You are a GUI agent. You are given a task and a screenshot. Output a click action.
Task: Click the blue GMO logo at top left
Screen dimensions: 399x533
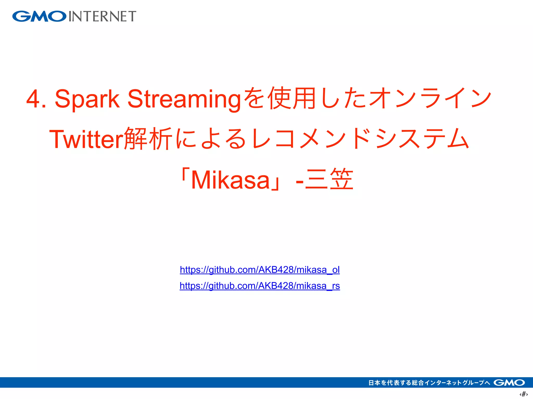[39, 16]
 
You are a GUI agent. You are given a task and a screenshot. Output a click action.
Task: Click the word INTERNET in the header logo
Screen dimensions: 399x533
[102, 16]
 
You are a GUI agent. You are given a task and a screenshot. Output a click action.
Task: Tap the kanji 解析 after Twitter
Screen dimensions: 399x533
[148, 139]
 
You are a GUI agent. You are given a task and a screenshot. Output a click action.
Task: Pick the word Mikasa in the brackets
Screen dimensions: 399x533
[231, 180]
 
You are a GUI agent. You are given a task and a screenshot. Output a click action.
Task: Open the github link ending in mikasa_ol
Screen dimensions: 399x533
[260, 270]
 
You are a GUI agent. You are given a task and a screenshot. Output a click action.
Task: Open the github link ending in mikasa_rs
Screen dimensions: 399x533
[260, 286]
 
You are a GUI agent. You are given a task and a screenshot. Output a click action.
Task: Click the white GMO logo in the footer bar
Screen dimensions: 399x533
[509, 383]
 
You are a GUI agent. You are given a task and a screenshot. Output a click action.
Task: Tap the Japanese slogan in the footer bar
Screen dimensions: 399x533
[429, 383]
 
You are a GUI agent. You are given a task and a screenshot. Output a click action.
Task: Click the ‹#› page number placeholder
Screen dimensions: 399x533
[523, 394]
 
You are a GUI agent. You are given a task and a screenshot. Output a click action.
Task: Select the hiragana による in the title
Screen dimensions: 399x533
[211, 139]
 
